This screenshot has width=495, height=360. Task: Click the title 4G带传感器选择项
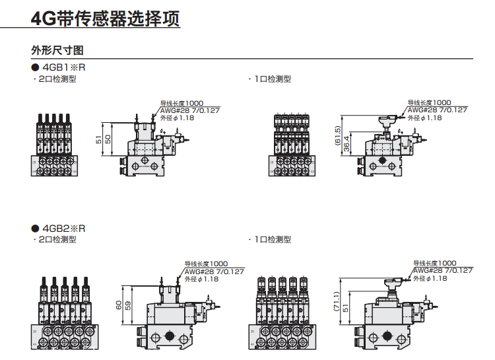106,18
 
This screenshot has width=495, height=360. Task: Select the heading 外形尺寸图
57,50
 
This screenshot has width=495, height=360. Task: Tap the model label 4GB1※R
64,67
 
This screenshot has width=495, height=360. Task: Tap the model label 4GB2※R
64,228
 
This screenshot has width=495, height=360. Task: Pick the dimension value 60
119,305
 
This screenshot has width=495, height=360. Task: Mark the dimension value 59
128,306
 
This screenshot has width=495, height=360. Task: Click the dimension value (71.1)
337,303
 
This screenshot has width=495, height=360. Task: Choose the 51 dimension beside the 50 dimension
100,139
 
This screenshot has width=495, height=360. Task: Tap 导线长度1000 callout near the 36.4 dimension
429,103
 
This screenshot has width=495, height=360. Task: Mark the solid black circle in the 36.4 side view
383,161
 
